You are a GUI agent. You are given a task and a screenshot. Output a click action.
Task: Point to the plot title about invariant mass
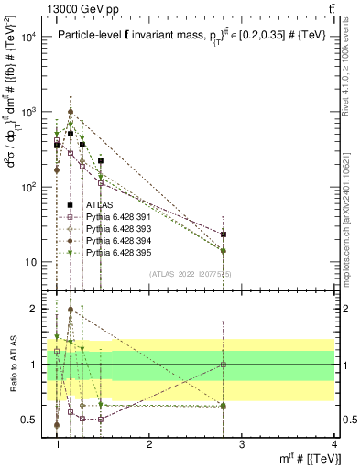coord(193,36)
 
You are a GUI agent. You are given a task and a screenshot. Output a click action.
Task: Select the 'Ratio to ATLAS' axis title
coord(13,365)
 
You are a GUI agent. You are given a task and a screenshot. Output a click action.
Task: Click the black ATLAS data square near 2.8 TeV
coord(224,234)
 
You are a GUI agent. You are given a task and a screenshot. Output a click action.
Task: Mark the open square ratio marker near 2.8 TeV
coord(224,365)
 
